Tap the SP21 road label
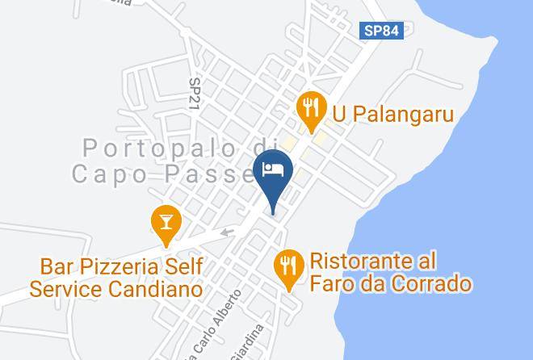(195, 94)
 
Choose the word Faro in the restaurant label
(332, 283)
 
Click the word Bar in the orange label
(57, 266)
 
